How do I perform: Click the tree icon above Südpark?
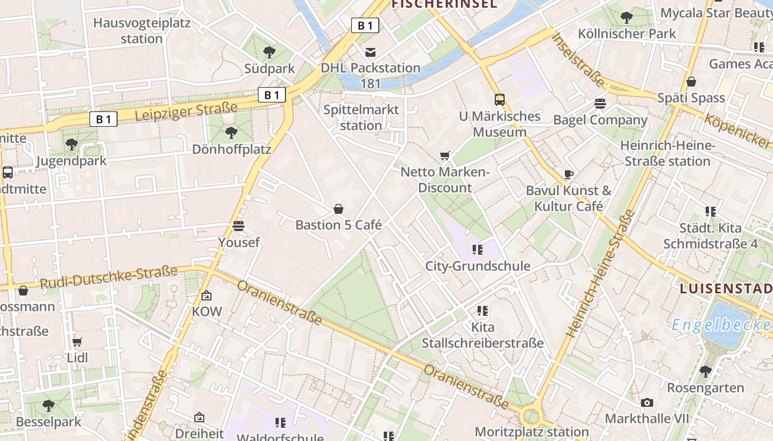pyautogui.click(x=269, y=52)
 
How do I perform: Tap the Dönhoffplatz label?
pyautogui.click(x=232, y=149)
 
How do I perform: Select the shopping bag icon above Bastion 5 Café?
pyautogui.click(x=338, y=209)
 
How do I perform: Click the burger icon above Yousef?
pyautogui.click(x=239, y=226)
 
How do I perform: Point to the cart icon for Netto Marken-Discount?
pyautogui.click(x=445, y=156)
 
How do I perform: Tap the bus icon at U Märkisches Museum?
pyautogui.click(x=500, y=100)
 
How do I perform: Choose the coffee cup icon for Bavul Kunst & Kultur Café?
pyautogui.click(x=569, y=175)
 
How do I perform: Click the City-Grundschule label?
pyautogui.click(x=478, y=266)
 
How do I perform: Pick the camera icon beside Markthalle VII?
pyautogui.click(x=647, y=402)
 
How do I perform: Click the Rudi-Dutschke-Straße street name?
pyautogui.click(x=109, y=277)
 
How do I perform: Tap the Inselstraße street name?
pyautogui.click(x=578, y=60)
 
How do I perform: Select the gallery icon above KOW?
pyautogui.click(x=207, y=296)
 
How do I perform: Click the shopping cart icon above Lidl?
pyautogui.click(x=77, y=342)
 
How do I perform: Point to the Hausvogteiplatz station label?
pyautogui.click(x=142, y=31)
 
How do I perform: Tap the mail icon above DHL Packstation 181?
pyautogui.click(x=370, y=52)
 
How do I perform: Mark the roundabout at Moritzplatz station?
pyautogui.click(x=530, y=415)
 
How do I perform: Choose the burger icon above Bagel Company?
pyautogui.click(x=600, y=104)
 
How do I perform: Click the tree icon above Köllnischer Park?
pyautogui.click(x=627, y=18)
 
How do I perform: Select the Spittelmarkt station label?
pyautogui.click(x=361, y=117)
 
